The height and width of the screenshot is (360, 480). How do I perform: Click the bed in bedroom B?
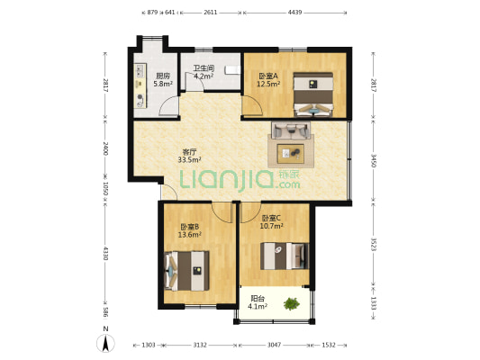click(x=187, y=267)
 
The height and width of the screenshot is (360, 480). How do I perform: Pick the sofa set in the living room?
click(x=292, y=143)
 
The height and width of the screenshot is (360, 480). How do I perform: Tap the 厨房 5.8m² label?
click(x=162, y=80)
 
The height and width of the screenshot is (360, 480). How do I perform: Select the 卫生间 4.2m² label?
click(x=202, y=73)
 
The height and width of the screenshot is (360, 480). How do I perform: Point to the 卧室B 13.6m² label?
click(x=189, y=230)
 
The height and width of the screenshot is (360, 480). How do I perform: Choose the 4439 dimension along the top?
click(x=294, y=13)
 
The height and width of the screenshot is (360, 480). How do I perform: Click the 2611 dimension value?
click(x=210, y=13)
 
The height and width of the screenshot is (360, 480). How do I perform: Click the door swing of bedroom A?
click(x=254, y=106)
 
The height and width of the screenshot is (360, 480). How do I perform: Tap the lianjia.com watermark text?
click(x=240, y=180)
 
